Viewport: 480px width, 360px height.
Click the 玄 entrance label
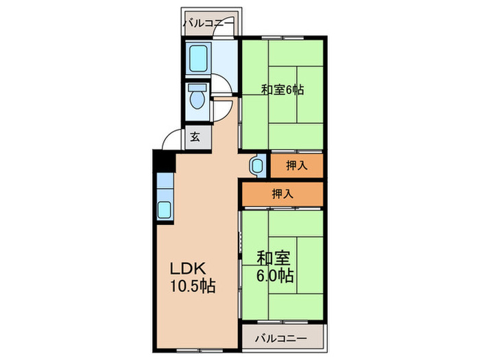pyautogui.click(x=195, y=137)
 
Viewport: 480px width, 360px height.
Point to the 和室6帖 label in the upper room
pyautogui.click(x=283, y=89)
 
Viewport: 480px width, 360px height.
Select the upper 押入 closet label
pyautogui.click(x=296, y=165)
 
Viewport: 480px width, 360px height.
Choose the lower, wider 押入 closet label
pyautogui.click(x=282, y=193)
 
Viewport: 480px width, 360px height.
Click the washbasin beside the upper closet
pyautogui.click(x=256, y=165)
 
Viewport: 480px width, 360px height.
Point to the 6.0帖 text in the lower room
pyautogui.click(x=276, y=276)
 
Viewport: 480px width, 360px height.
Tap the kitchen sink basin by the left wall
pyautogui.click(x=166, y=210)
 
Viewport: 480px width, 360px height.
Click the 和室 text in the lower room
pyautogui.click(x=274, y=259)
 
